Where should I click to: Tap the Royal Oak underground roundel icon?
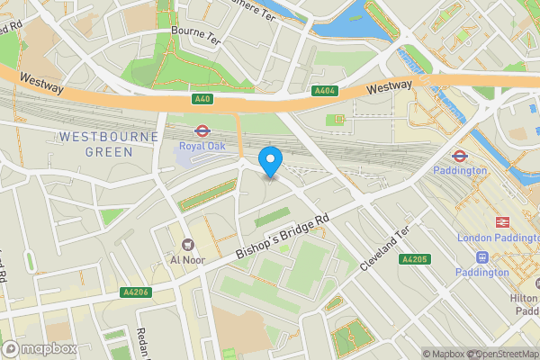tap(202, 130)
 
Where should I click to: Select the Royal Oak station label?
tap(202, 146)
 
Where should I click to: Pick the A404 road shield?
tap(324, 91)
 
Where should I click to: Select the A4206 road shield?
tap(133, 292)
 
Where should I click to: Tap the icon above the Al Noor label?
tap(189, 244)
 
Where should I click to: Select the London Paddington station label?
tap(498, 238)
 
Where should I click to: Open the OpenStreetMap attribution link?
tap(500, 354)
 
